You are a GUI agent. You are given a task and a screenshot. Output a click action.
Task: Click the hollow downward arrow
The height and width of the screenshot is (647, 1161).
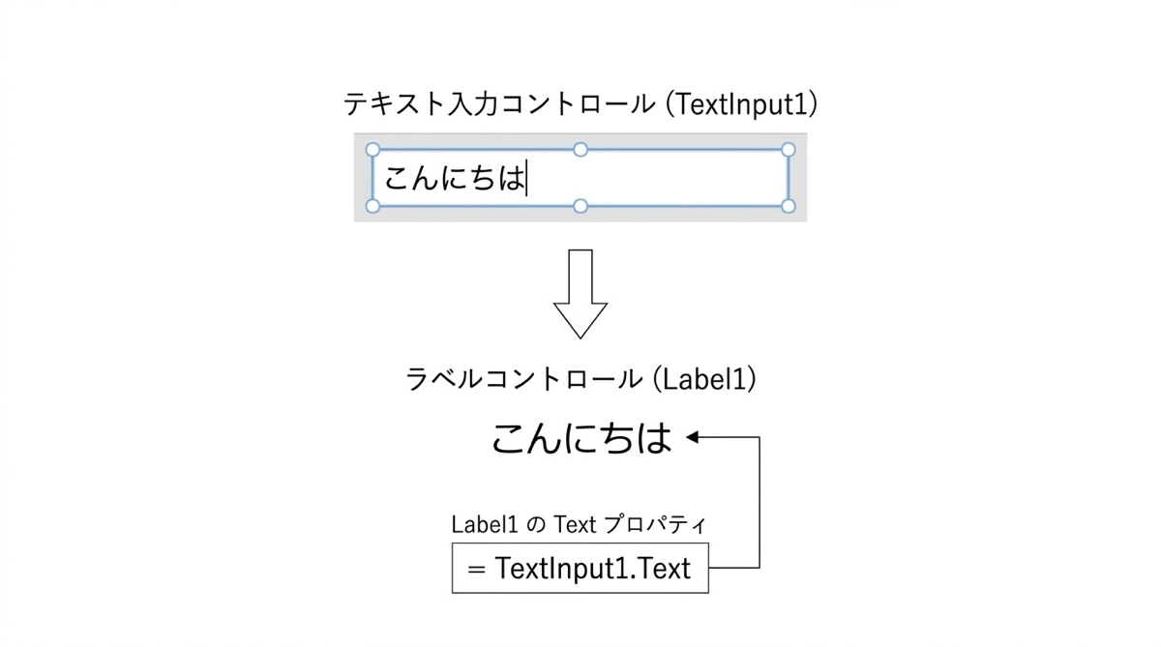[580, 294]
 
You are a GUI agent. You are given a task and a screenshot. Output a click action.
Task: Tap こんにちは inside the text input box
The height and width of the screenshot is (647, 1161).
[453, 179]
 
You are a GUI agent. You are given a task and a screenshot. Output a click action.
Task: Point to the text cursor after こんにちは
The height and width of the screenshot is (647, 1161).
[527, 179]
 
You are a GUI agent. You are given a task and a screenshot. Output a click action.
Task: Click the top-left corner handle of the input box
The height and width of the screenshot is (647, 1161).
[372, 150]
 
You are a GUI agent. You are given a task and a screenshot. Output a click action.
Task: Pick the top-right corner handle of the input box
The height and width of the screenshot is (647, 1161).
[789, 150]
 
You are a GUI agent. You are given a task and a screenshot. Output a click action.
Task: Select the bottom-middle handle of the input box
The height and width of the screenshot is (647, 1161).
[580, 206]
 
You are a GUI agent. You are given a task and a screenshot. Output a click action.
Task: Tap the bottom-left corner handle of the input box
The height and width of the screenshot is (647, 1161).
[372, 206]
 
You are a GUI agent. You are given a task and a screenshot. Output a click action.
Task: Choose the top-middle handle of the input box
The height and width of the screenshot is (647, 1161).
[580, 150]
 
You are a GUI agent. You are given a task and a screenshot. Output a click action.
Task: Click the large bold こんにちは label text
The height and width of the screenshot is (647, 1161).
[580, 439]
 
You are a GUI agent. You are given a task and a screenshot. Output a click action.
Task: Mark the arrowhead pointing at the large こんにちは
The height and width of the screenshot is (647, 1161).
[694, 438]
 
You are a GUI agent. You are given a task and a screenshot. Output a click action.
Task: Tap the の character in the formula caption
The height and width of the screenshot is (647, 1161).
[537, 525]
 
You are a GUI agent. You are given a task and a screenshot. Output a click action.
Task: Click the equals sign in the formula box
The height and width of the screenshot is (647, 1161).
[475, 569]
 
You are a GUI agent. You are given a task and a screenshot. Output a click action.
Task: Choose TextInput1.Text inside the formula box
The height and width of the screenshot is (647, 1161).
[593, 569]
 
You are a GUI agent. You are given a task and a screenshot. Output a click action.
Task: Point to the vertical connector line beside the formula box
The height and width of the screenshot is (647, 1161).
[759, 503]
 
